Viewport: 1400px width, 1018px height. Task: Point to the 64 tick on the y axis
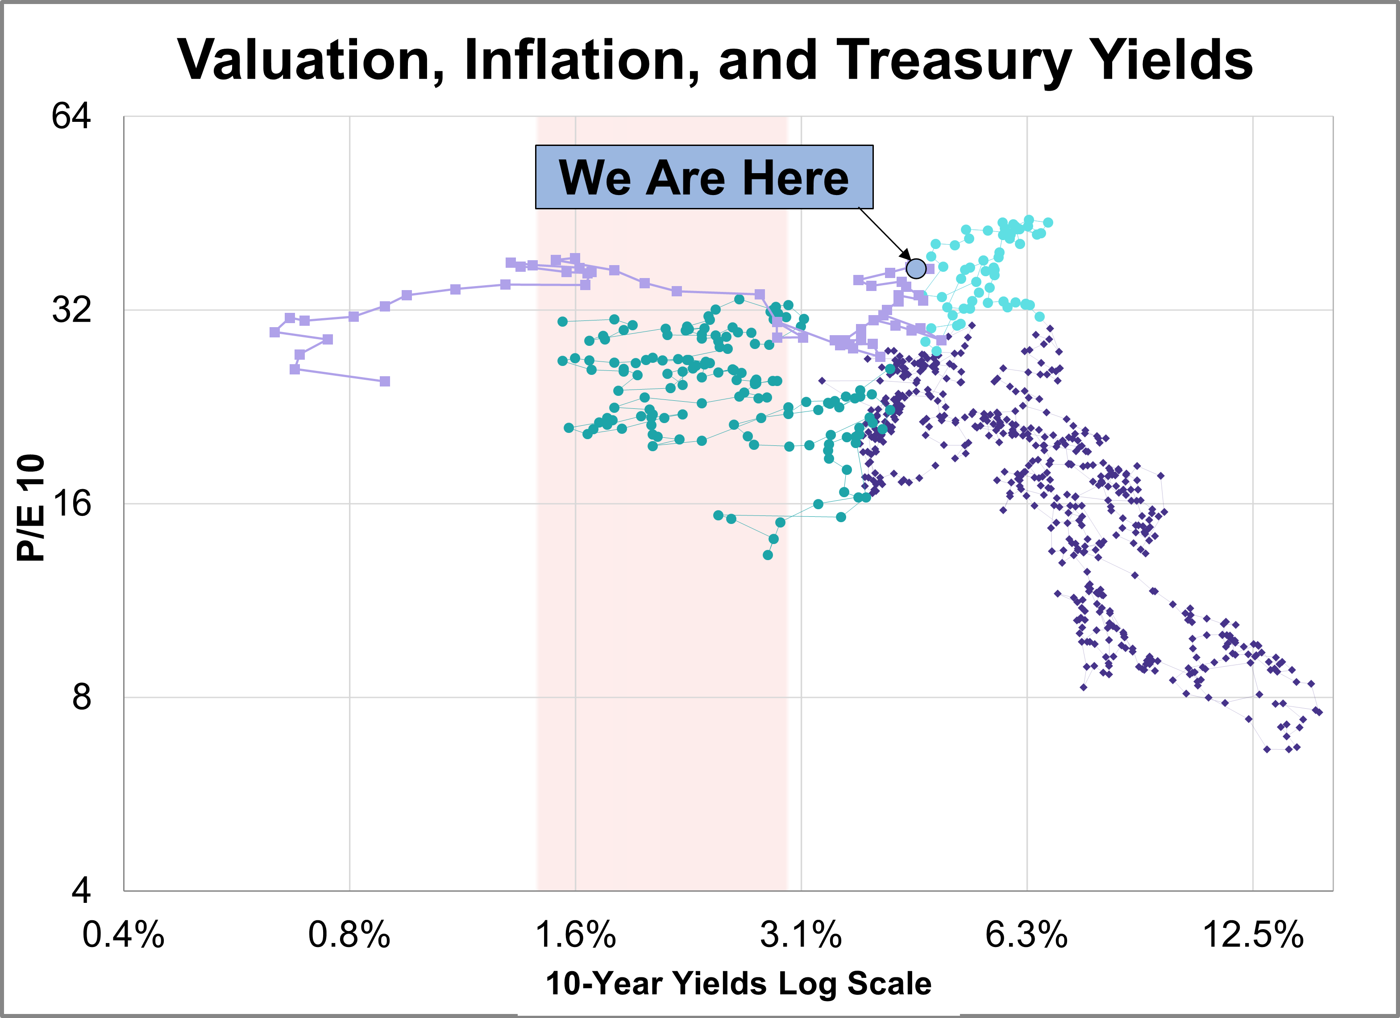click(x=71, y=116)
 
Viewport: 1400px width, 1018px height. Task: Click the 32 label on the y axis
click(x=71, y=309)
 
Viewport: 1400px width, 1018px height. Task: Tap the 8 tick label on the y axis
click(x=81, y=697)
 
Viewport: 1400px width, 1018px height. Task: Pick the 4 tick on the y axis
click(x=81, y=890)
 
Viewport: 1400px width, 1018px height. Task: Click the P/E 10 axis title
click(x=31, y=507)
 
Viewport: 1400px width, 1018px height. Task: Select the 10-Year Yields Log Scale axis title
click(x=738, y=984)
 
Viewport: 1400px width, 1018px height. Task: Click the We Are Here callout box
click(x=704, y=177)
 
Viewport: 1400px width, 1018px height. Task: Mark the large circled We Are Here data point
click(x=916, y=269)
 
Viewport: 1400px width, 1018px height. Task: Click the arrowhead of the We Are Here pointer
click(x=906, y=256)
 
